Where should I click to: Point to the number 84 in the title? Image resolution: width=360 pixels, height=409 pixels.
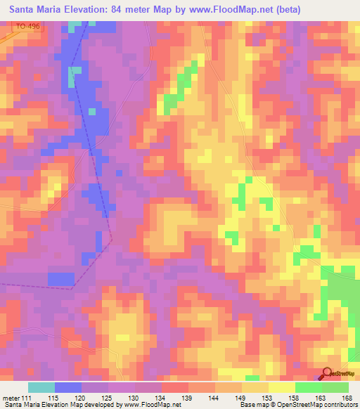(x=126, y=9)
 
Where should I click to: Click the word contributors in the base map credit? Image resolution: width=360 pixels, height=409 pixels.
(x=339, y=405)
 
